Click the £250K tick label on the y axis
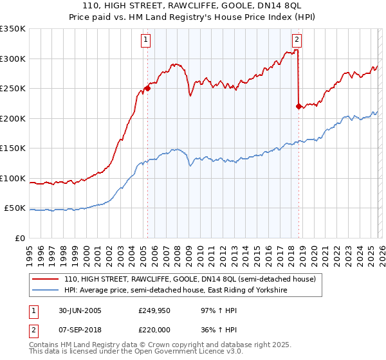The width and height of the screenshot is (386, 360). click(x=13, y=88)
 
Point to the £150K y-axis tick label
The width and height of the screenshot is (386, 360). click(x=13, y=148)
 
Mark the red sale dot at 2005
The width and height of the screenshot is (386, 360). click(x=147, y=89)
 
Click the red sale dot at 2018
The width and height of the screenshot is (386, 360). click(x=299, y=106)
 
